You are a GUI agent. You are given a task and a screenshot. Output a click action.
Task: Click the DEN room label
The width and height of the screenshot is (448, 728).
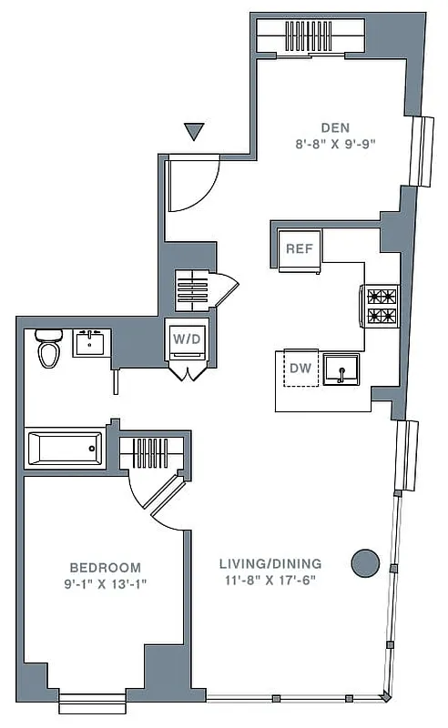click(334, 127)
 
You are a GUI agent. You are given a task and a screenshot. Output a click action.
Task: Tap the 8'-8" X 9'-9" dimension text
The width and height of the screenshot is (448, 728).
click(334, 144)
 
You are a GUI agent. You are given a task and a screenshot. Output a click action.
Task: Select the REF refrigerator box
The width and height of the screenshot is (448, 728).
click(299, 248)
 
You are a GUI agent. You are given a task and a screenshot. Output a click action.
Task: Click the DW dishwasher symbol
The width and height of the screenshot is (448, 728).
click(300, 368)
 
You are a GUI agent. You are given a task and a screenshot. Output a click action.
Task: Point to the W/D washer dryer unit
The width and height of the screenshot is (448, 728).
click(186, 339)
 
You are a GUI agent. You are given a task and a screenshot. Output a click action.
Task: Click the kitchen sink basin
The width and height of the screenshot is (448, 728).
click(344, 369)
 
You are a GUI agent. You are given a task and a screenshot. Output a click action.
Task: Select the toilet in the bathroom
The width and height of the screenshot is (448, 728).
click(47, 348)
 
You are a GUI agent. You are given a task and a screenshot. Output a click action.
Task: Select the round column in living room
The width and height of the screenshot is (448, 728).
click(365, 563)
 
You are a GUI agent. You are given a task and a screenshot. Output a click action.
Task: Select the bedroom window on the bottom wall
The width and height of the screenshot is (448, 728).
click(92, 702)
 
